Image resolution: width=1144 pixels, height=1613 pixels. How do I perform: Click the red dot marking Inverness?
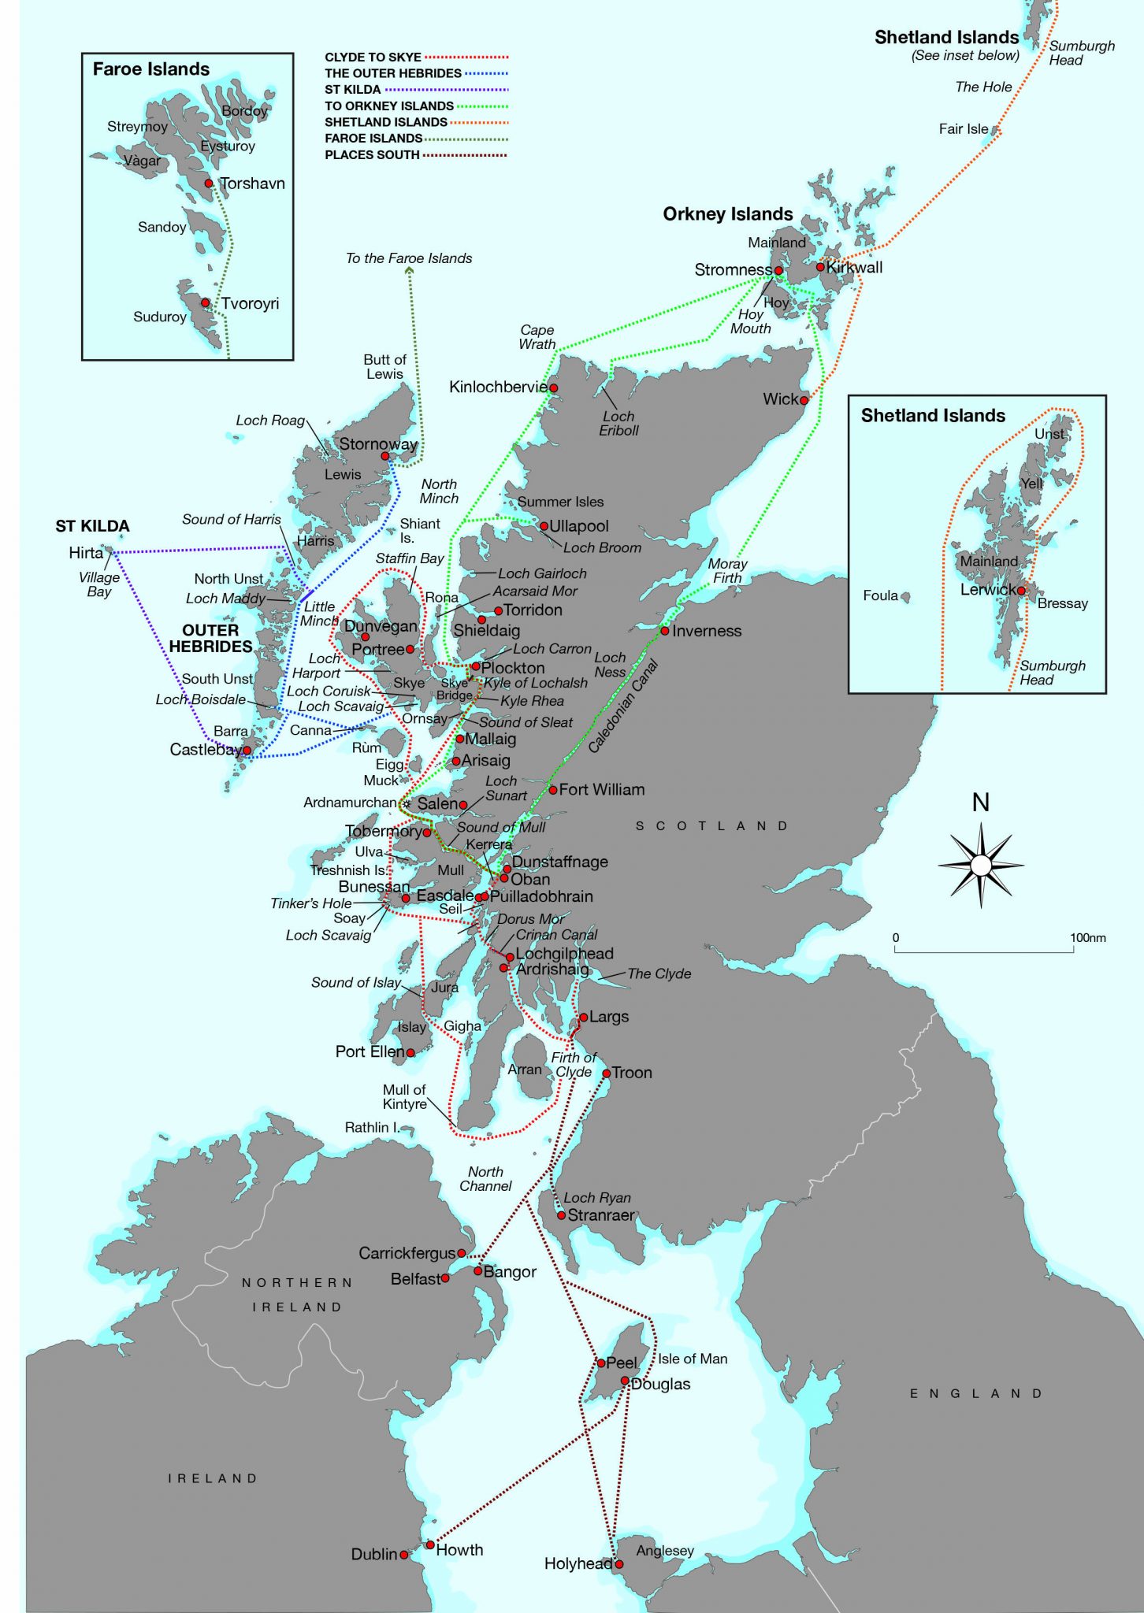click(665, 631)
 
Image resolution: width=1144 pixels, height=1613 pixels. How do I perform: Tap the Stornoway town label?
click(377, 444)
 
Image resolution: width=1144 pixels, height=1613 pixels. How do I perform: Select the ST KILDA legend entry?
click(352, 90)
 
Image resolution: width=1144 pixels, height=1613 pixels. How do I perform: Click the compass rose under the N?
click(981, 865)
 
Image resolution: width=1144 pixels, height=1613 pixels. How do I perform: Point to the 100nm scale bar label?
click(1087, 938)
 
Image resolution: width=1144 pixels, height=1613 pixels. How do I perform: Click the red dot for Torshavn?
click(209, 184)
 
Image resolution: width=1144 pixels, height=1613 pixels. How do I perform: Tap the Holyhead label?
click(578, 1563)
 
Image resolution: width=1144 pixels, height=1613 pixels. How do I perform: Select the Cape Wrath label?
click(537, 337)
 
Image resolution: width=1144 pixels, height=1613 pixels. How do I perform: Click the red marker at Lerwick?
click(1021, 590)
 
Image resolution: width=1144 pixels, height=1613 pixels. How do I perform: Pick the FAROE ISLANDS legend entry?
click(373, 139)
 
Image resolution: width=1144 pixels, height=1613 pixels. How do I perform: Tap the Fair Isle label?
click(963, 129)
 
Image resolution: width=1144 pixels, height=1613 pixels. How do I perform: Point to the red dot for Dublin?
click(404, 1555)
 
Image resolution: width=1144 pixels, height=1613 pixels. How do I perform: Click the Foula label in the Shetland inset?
click(880, 595)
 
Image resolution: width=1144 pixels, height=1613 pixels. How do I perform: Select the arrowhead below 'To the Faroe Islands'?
click(409, 270)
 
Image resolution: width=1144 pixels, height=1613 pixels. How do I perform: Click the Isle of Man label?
click(693, 1359)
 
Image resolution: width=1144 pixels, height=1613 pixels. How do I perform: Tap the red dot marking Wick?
click(804, 400)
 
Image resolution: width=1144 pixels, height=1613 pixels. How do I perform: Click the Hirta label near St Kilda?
click(86, 553)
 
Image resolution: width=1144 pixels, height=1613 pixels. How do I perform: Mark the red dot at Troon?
click(607, 1073)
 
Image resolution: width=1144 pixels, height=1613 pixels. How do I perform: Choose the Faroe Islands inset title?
click(151, 69)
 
